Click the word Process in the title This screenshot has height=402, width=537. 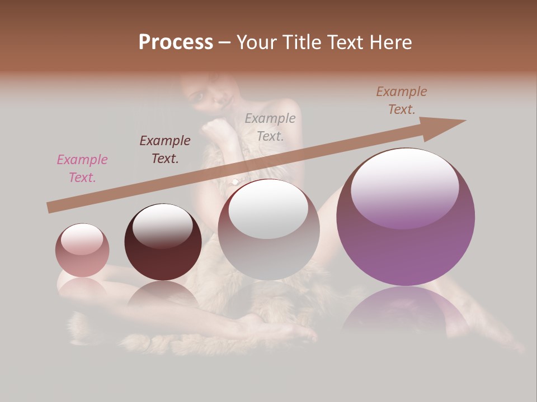point(176,42)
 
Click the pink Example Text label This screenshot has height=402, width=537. point(82,169)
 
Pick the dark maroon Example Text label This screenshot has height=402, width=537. point(165,150)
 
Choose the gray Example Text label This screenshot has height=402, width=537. point(270,127)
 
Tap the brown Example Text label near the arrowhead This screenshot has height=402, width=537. point(401,100)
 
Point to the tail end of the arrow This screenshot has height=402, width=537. point(49,208)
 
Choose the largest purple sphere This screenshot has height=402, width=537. point(406,246)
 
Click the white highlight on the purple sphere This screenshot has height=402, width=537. point(404,181)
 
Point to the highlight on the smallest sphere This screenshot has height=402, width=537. point(82,238)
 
